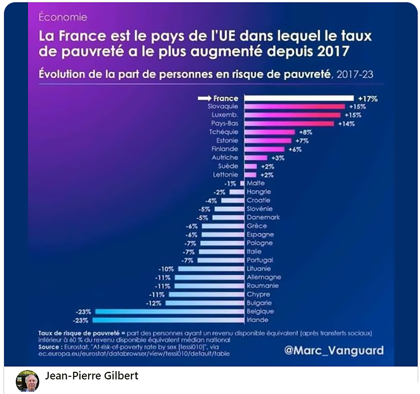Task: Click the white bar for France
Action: tap(299, 98)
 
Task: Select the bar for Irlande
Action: tap(168, 320)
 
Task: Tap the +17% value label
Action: tap(368, 99)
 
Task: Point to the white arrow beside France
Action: tap(204, 98)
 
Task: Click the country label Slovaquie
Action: tap(223, 106)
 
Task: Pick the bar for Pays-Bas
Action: tap(289, 124)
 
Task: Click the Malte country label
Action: tap(256, 183)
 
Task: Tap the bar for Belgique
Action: tap(169, 312)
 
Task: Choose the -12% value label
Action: tap(153, 303)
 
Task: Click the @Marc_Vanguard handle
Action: tap(334, 350)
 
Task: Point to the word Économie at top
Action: tap(63, 17)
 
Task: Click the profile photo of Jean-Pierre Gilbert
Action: tap(27, 381)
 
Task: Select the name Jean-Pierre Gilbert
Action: tap(92, 376)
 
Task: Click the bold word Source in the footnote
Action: tap(49, 347)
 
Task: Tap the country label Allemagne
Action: tap(264, 277)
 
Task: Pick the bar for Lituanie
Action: tap(211, 269)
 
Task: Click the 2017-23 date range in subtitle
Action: tap(355, 74)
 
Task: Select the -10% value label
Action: tap(166, 269)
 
